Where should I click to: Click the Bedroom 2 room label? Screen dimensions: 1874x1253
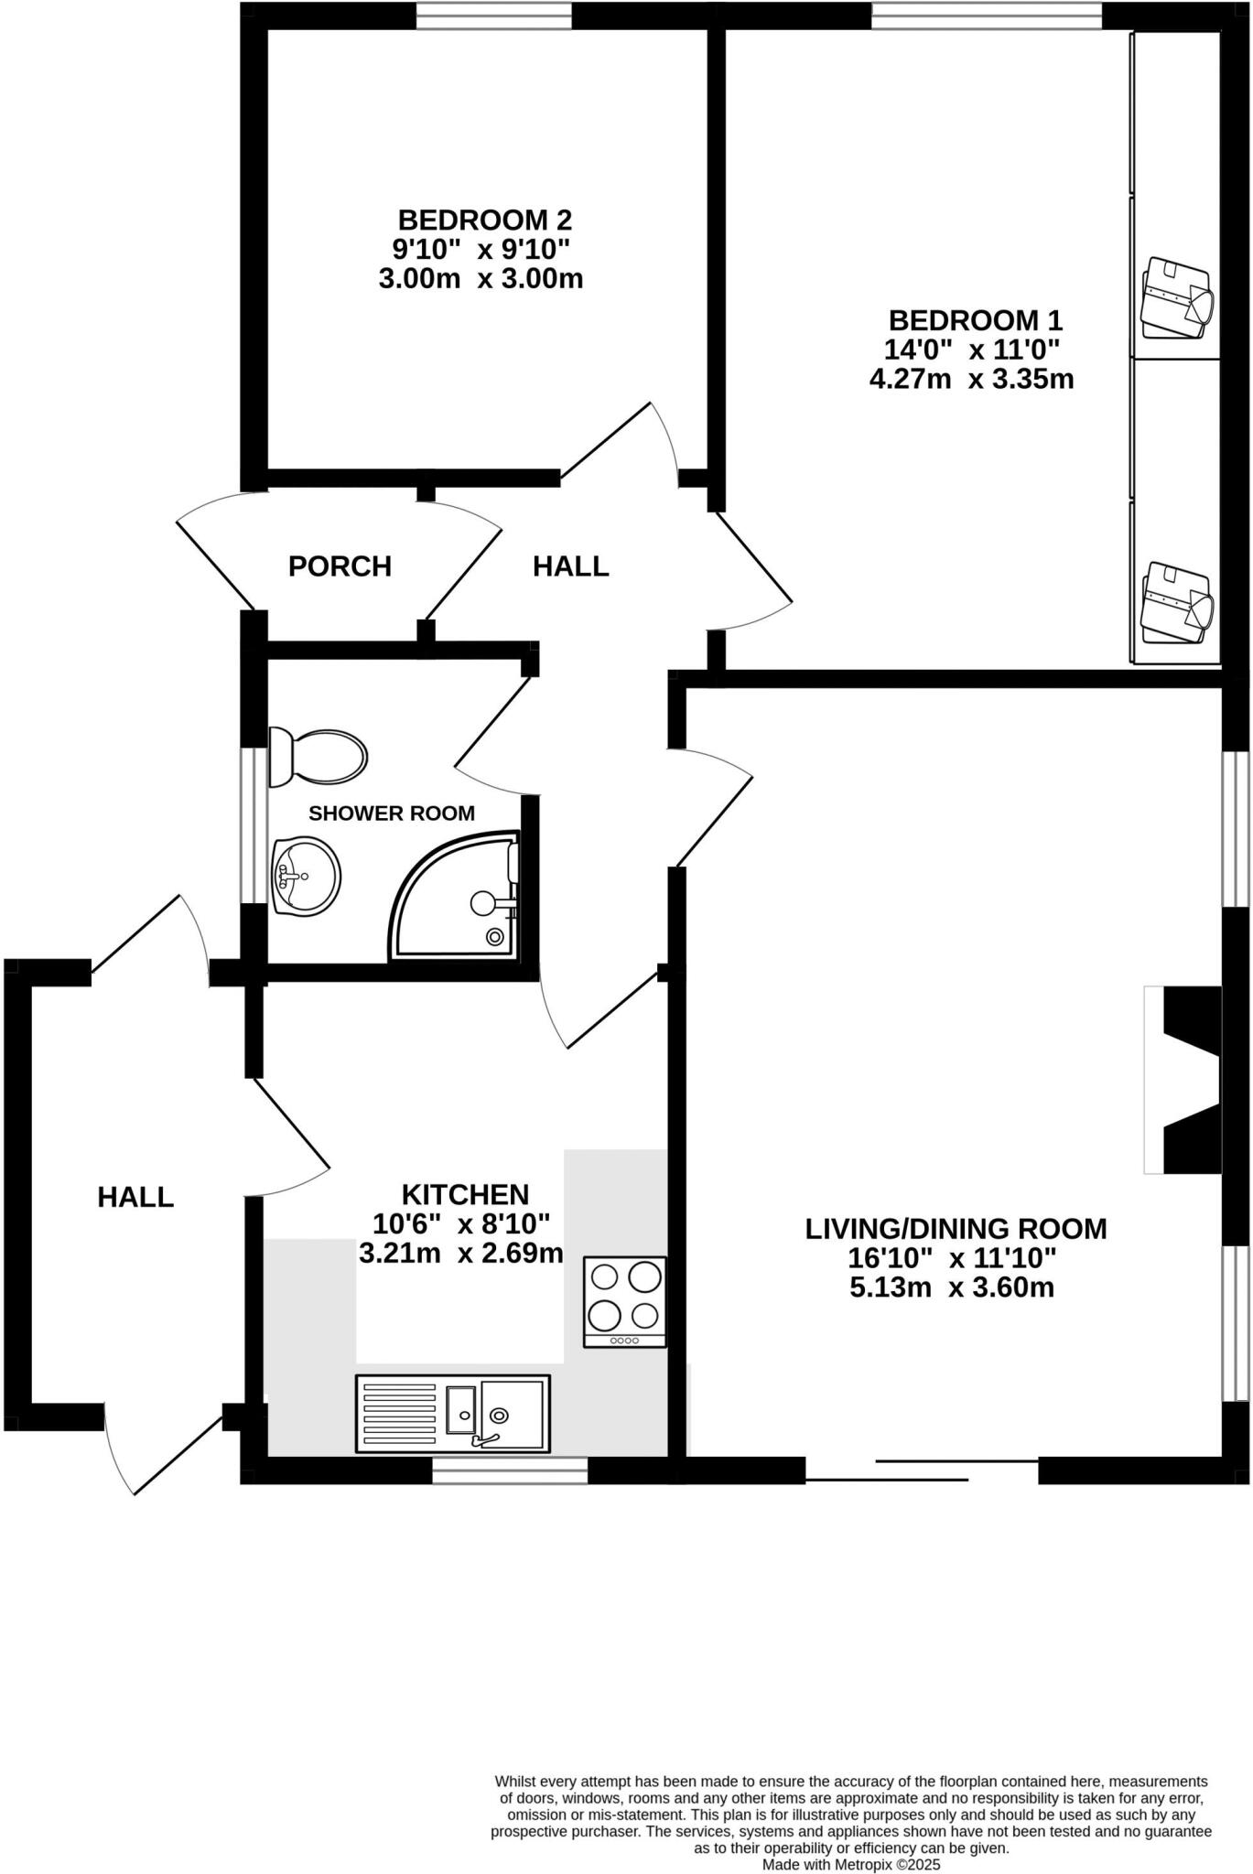pyautogui.click(x=484, y=221)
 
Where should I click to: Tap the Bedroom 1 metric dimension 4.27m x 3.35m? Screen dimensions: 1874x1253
pyautogui.click(x=971, y=379)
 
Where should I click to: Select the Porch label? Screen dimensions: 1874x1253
pyautogui.click(x=340, y=567)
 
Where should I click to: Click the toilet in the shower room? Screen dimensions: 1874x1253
pyautogui.click(x=318, y=757)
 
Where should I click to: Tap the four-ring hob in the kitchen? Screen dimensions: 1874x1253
pyautogui.click(x=625, y=1300)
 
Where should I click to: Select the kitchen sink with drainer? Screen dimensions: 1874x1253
pyautogui.click(x=452, y=1413)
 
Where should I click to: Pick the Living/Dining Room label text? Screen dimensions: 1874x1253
pyautogui.click(x=956, y=1229)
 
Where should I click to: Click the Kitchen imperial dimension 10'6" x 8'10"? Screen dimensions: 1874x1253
pyautogui.click(x=460, y=1223)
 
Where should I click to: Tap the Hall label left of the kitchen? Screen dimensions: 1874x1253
pyautogui.click(x=135, y=1197)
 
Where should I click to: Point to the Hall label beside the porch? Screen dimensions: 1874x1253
pyautogui.click(x=571, y=567)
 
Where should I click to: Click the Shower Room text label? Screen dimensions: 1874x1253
pyautogui.click(x=392, y=813)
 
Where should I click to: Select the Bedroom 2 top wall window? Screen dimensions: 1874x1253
pyautogui.click(x=494, y=16)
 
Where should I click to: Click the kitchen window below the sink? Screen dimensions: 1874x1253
pyautogui.click(x=510, y=1470)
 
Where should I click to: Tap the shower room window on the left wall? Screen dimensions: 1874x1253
pyautogui.click(x=248, y=826)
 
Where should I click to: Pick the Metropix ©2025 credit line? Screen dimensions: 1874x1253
pyautogui.click(x=851, y=1863)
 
